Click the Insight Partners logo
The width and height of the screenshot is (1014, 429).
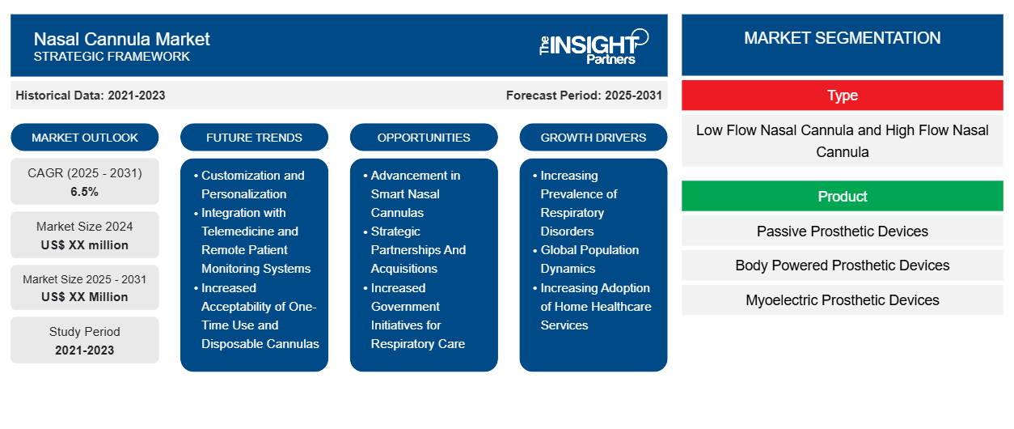(594, 45)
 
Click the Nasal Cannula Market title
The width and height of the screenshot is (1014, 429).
(121, 38)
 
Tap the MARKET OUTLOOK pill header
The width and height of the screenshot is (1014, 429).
(85, 138)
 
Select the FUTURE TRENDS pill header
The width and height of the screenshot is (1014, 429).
(254, 138)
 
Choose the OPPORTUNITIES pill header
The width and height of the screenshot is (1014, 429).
(424, 138)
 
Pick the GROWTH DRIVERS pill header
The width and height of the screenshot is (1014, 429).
(594, 138)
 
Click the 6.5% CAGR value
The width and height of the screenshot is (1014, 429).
(85, 192)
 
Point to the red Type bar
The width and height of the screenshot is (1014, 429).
(842, 96)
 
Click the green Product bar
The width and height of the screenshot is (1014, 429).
(842, 197)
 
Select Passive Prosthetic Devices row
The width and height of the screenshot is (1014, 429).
(842, 231)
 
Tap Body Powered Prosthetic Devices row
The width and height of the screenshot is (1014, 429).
(842, 265)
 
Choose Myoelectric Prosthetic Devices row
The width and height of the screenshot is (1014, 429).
(842, 300)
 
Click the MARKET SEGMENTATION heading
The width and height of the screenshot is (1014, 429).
(842, 38)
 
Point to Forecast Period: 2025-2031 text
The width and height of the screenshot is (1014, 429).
(584, 96)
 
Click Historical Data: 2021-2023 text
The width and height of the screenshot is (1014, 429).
(91, 96)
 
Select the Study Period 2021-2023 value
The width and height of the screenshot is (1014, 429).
(85, 350)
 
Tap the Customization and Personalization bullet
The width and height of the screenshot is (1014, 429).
(253, 185)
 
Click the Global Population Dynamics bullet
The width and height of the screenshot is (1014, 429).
(589, 259)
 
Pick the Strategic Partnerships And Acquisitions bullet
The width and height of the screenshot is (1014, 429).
(418, 250)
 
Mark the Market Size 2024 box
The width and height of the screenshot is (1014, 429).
(85, 236)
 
